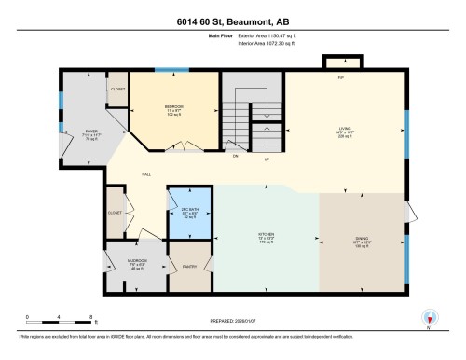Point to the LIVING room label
click(x=346, y=130)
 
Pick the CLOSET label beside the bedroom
click(x=117, y=90)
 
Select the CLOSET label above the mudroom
click(x=114, y=212)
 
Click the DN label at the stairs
click(x=236, y=156)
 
